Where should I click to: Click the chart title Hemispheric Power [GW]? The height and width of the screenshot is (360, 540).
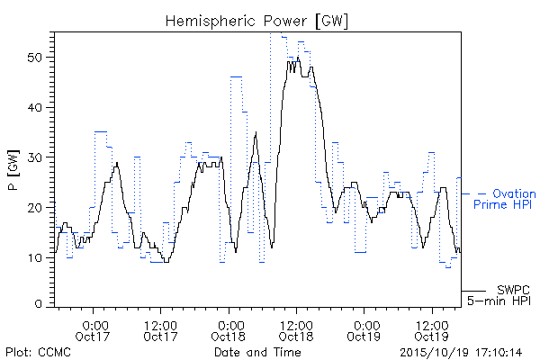256,22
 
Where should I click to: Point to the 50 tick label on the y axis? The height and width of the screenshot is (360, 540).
35,58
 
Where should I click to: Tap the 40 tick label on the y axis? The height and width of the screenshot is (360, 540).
35,107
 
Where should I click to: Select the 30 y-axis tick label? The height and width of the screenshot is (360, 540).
35,157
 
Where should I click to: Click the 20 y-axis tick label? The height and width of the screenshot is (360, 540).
35,208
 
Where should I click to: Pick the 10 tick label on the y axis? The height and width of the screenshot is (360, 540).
36,257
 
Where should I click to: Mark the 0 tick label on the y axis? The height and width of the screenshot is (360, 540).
39,304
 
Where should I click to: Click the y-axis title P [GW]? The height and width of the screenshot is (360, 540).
14,170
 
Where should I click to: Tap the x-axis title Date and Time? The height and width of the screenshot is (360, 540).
257,352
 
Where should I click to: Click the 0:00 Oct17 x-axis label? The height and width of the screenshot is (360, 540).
93,331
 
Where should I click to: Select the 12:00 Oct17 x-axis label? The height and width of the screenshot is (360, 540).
160,331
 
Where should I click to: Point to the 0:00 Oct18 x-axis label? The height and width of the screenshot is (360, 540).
229,331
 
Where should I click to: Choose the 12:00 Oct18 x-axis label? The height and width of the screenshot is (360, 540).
296,331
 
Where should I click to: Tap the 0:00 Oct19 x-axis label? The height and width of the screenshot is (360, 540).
364,331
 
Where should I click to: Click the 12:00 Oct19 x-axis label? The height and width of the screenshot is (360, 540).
432,331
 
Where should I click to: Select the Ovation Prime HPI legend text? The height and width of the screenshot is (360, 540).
505,199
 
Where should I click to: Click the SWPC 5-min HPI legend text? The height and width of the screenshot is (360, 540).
499,295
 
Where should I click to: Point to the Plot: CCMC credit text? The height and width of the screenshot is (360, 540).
38,352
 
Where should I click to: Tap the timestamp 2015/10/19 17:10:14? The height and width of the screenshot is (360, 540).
461,353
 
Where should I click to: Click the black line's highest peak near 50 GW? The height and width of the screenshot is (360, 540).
298,58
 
